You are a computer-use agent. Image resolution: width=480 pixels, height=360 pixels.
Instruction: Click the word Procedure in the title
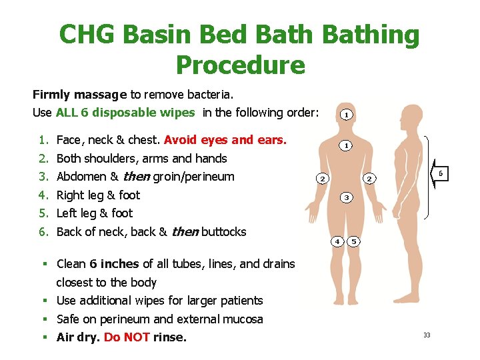[x=240, y=65]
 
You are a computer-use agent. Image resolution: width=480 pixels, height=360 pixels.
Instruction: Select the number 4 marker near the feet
[x=338, y=241]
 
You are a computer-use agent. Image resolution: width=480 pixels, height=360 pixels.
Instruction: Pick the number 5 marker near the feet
[x=355, y=241]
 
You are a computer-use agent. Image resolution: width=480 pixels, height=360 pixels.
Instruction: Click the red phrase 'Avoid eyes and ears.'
[x=225, y=140]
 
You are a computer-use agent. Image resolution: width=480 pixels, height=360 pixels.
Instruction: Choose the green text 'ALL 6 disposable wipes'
[x=125, y=112]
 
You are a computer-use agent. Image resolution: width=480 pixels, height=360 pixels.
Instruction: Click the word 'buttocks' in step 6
[x=223, y=232]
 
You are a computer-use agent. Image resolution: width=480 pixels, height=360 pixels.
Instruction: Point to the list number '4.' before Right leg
[x=43, y=195]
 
